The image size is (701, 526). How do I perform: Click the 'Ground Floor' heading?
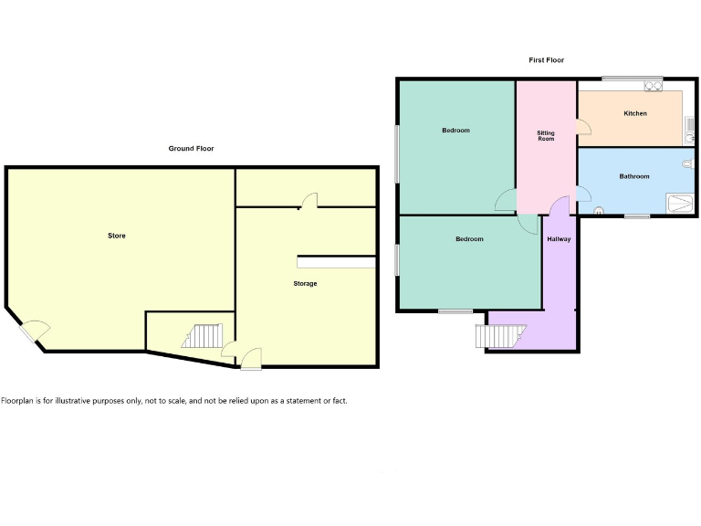pos(192,148)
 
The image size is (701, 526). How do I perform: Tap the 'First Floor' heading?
pos(546,60)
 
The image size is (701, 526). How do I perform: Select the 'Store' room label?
pos(116,236)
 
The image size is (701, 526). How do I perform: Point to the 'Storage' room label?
pos(305,284)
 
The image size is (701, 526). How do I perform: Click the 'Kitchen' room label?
pos(635,113)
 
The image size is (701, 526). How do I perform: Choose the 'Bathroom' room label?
pos(634,176)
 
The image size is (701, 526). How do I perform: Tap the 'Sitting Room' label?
pos(546,136)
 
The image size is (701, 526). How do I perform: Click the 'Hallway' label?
pos(559,239)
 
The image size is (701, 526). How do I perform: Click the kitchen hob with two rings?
pos(653,88)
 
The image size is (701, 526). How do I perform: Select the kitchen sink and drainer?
pos(690,127)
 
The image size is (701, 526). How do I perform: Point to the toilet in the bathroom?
pos(687,164)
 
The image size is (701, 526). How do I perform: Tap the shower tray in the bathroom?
pos(679,203)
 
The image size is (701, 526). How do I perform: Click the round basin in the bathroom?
pos(599,211)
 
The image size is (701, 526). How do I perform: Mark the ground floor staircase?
pos(202,336)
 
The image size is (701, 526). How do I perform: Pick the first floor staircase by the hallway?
pos(497,336)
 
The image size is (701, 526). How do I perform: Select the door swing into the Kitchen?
pos(582,128)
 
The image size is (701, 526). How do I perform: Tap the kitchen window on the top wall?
pos(632,78)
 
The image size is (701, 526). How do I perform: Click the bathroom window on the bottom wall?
pos(637,216)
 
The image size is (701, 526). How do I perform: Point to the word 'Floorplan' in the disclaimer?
pos(18,401)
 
